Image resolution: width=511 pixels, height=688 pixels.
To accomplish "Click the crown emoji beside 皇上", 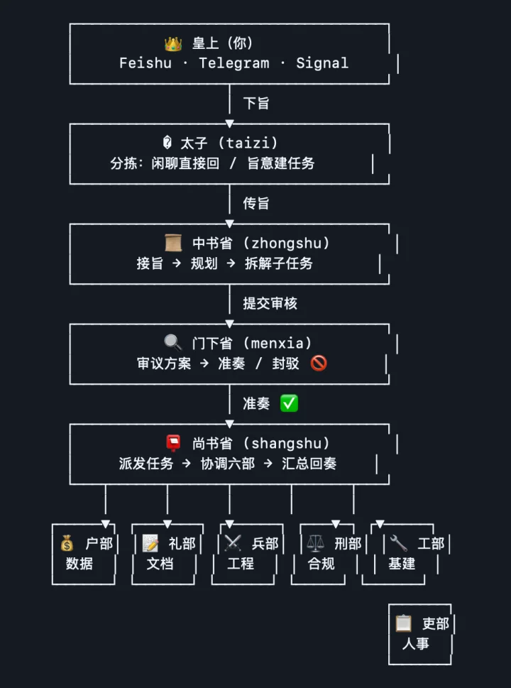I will point(173,44).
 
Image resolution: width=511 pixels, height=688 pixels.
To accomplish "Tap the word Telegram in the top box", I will point(234,63).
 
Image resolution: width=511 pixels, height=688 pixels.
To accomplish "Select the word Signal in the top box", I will point(322,63).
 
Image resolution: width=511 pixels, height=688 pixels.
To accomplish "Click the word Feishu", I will point(145,63).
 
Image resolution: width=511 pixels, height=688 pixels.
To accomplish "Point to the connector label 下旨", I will point(256,104).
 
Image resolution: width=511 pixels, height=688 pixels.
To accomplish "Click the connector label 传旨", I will point(256,204).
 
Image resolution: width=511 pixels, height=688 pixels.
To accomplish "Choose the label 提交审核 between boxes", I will point(270,304).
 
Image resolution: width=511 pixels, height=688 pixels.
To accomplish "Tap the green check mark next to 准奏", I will point(289,403).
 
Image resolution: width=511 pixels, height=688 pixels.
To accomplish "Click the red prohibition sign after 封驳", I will point(319,364).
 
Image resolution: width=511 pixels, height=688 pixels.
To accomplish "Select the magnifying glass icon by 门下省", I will point(173,344).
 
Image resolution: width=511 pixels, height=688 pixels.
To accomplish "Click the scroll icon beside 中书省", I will point(173,244).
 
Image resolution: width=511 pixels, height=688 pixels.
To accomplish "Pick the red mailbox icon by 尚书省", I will point(173,444).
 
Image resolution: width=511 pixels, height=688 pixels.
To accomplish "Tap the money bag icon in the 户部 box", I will point(67,544).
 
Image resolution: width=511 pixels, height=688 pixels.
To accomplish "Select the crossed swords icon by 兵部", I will point(233,544).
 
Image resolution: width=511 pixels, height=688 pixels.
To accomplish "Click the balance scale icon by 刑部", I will point(316,544).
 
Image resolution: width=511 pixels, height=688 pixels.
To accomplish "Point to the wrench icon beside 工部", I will point(399,544).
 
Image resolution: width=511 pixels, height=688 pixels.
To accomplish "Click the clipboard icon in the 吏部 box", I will point(403,624).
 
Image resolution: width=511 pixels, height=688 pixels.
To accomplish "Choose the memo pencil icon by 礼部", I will point(150,544).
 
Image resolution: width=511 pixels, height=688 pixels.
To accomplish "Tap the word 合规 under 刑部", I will point(321,564).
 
